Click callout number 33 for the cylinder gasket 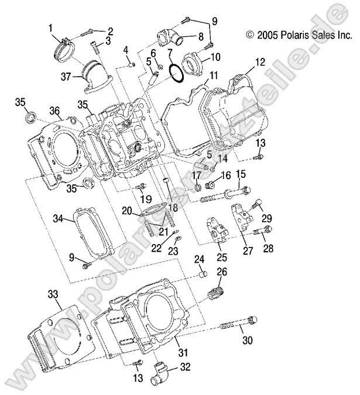click(x=53, y=293)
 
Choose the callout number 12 click(x=260, y=61)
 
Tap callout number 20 click(x=126, y=211)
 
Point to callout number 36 click(x=55, y=111)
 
